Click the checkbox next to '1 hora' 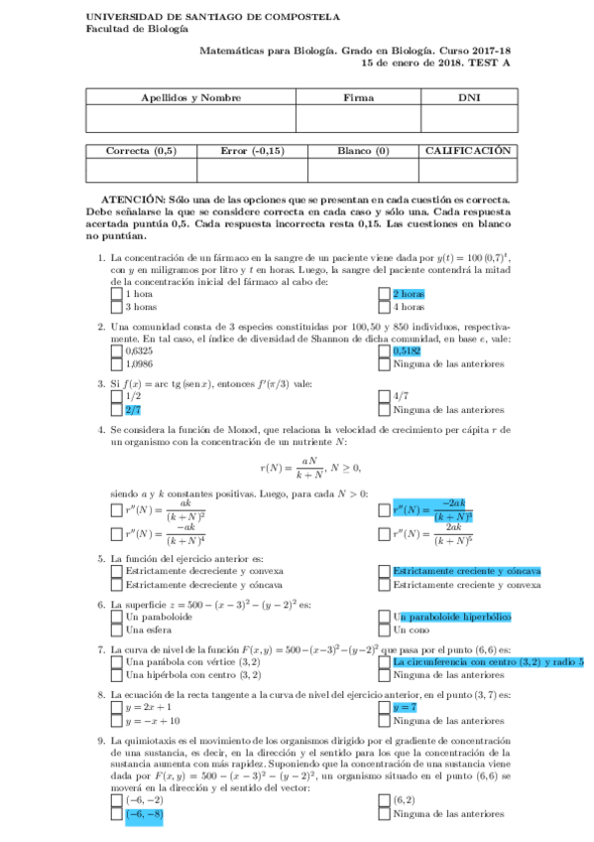(x=116, y=295)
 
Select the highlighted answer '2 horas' (x=410, y=295)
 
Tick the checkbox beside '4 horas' (x=385, y=308)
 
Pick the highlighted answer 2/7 (x=133, y=409)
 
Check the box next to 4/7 (x=385, y=396)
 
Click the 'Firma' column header (x=358, y=98)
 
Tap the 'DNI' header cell (x=469, y=98)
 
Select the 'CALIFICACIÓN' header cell (x=468, y=151)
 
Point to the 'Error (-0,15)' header (x=252, y=151)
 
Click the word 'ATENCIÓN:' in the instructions (x=135, y=200)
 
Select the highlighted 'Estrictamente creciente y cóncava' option (x=466, y=572)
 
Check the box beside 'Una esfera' (x=116, y=630)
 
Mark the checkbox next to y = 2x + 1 (x=116, y=707)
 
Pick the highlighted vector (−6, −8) (x=144, y=815)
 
